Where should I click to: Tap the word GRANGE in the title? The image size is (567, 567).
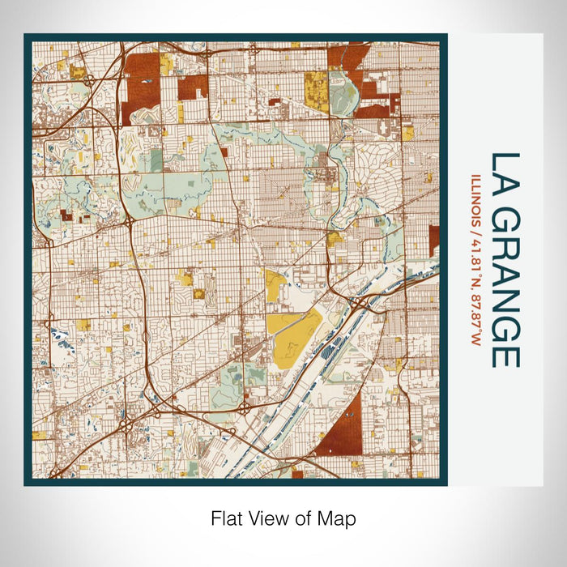coord(505,287)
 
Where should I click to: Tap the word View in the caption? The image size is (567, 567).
coord(267,518)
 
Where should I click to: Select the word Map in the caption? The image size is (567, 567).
coord(337,518)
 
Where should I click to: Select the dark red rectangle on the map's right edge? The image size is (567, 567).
coord(434,240)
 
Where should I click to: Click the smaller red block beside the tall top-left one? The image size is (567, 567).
coord(193,87)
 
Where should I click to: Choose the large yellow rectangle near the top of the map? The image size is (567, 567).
coord(316,91)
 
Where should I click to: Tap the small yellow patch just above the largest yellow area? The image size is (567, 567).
coord(274,285)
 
